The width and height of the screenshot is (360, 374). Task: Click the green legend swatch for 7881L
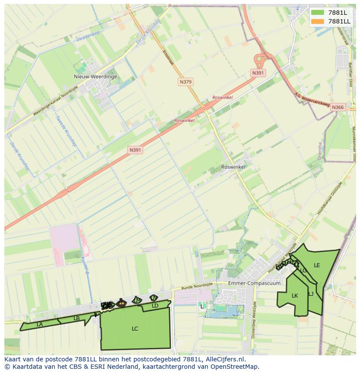(317, 13)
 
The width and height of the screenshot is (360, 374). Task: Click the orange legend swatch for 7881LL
(317, 21)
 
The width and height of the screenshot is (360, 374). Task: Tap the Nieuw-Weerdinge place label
(95, 76)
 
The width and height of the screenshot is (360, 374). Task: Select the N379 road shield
(186, 82)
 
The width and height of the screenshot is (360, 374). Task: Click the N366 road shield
(337, 107)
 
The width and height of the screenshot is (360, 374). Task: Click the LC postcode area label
(135, 329)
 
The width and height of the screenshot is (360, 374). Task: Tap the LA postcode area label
(40, 324)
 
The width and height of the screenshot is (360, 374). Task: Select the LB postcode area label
(77, 318)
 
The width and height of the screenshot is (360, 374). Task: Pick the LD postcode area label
(155, 306)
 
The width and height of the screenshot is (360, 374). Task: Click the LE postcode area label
(317, 265)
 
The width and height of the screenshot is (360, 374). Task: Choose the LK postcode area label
(295, 296)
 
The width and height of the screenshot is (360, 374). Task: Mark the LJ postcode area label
(311, 294)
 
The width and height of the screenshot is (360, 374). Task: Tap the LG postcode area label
(303, 271)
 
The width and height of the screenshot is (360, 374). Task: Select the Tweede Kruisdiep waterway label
(65, 131)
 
